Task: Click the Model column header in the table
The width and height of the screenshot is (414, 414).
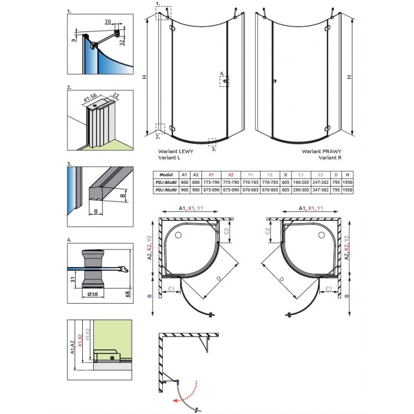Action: (166, 174)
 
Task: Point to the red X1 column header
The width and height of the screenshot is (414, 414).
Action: (212, 174)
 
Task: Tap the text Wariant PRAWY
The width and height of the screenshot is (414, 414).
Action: (320, 150)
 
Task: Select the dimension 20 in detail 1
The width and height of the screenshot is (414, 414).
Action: (108, 21)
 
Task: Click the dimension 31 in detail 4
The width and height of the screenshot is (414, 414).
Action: (73, 280)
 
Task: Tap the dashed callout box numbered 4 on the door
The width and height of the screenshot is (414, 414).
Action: (225, 81)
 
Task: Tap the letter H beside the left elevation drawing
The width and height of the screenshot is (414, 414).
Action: (144, 77)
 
